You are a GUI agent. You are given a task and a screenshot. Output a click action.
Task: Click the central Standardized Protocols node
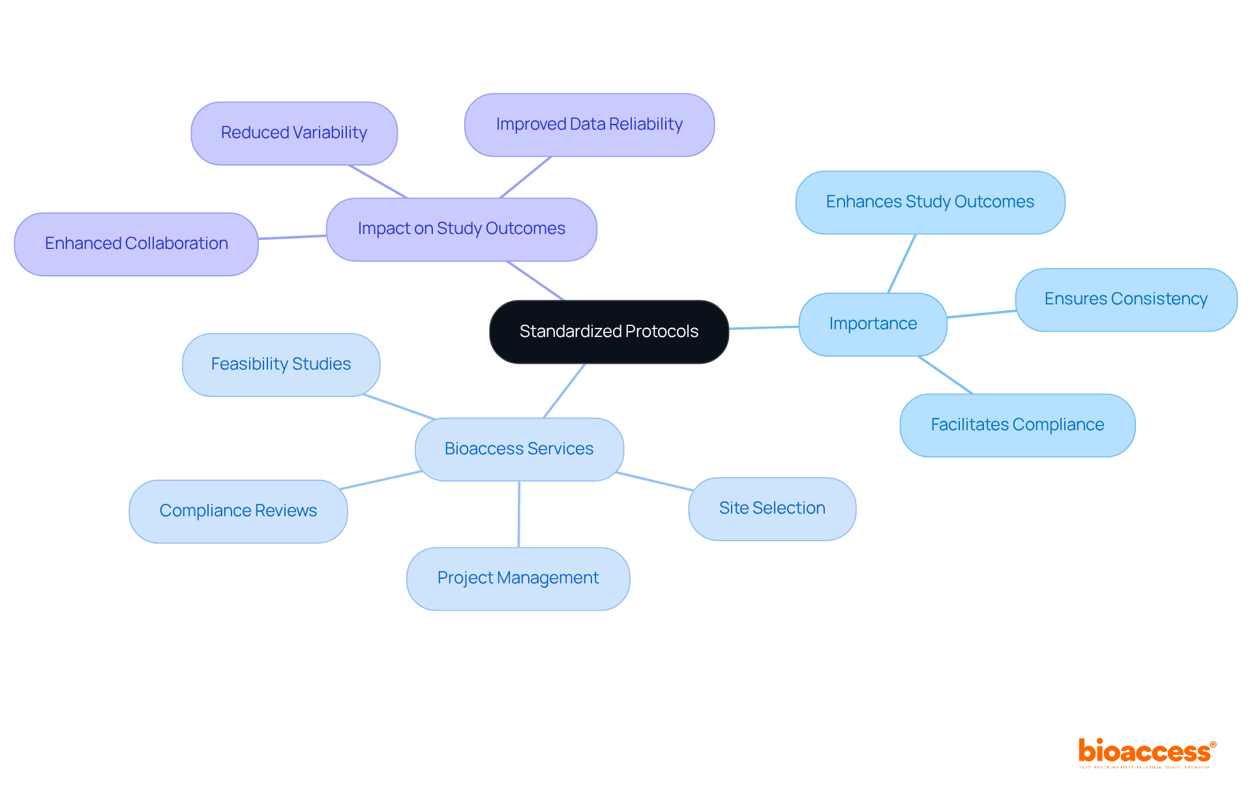click(x=608, y=332)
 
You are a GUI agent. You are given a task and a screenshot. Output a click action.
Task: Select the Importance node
click(x=872, y=324)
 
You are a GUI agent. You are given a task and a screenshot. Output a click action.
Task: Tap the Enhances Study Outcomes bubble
click(x=930, y=202)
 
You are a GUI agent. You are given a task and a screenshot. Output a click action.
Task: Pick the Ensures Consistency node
click(x=1125, y=299)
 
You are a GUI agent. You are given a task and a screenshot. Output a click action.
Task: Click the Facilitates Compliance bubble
click(x=1017, y=425)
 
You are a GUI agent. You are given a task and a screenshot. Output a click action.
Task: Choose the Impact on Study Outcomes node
click(x=461, y=229)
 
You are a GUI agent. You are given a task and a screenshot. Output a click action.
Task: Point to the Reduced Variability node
click(x=294, y=133)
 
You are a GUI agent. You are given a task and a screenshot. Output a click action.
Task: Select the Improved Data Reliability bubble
click(x=589, y=125)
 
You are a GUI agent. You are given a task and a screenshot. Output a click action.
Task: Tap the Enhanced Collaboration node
click(x=136, y=244)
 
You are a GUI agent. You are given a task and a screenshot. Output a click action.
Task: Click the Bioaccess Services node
click(x=519, y=449)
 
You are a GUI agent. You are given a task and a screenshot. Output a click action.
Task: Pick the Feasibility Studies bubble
click(x=281, y=364)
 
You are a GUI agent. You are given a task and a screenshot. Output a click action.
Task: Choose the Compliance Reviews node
click(x=238, y=511)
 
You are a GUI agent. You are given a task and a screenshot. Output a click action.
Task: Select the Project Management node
click(x=518, y=578)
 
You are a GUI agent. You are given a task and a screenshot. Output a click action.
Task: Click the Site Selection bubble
click(x=772, y=508)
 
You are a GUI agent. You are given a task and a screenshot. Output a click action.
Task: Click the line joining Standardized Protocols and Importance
click(x=764, y=327)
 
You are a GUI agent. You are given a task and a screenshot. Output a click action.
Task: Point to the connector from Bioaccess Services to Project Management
click(x=519, y=514)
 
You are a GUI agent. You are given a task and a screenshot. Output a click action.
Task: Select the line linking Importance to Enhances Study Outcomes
click(x=902, y=263)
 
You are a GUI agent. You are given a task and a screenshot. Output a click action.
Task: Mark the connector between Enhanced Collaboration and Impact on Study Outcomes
click(x=292, y=237)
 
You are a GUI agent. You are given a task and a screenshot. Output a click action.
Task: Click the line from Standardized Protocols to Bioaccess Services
click(x=564, y=390)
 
